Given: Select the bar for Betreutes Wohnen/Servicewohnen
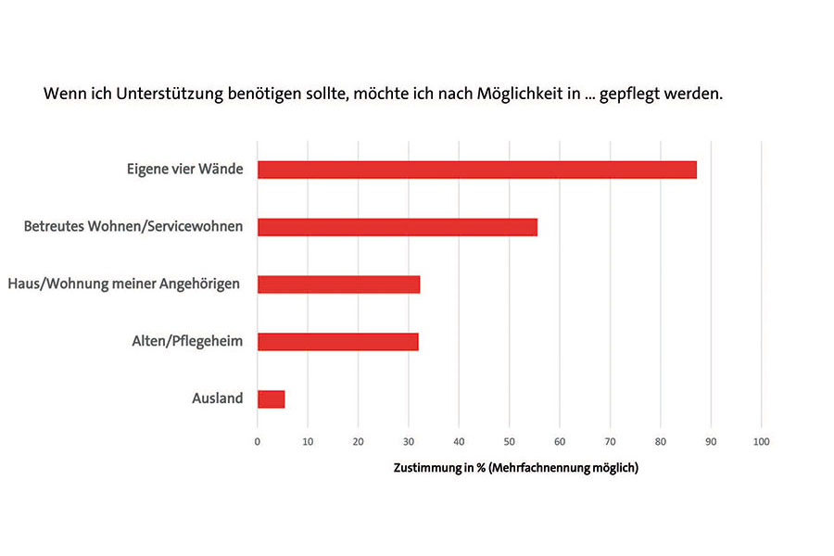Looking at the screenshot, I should click(397, 227).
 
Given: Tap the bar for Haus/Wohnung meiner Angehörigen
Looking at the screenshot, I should click(338, 284).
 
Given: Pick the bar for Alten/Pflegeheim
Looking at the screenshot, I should click(337, 341).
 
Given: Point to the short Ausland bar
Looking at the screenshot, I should click(271, 398).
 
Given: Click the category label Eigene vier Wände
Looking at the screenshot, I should click(184, 170).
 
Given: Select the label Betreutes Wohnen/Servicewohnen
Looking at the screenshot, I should click(133, 227).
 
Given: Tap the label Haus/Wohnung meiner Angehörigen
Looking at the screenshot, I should click(124, 284).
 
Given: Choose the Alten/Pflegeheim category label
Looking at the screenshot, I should click(187, 341).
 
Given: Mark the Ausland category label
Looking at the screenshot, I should click(217, 398).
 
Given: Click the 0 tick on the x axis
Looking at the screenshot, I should click(258, 442).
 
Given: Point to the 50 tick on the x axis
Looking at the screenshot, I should click(509, 442).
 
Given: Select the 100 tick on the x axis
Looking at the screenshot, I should click(761, 442).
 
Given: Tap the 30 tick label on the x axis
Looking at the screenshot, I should click(409, 442).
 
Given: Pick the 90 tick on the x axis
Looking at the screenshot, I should click(711, 442).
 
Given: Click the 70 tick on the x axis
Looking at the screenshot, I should click(610, 442).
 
